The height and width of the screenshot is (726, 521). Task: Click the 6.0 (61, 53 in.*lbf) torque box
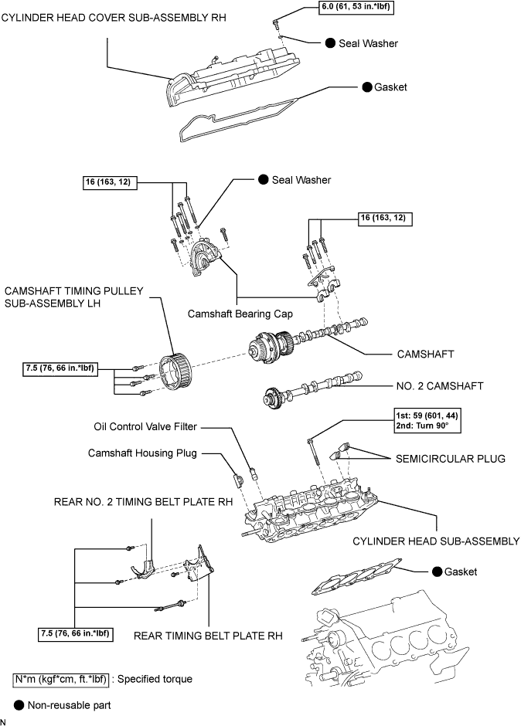[x=356, y=8]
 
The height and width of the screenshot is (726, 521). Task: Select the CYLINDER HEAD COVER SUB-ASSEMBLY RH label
[x=114, y=18]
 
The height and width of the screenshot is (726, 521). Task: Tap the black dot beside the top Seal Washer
[x=330, y=43]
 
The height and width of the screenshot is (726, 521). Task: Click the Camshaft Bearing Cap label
[x=240, y=314]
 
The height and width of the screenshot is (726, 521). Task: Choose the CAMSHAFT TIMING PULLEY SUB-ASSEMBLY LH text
[x=74, y=297]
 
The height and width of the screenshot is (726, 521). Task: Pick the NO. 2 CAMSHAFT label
[x=440, y=386]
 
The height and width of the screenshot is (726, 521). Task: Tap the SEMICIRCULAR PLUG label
[x=450, y=459]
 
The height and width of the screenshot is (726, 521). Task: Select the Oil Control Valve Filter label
[x=145, y=427]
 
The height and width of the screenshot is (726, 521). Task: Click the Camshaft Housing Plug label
[x=142, y=453]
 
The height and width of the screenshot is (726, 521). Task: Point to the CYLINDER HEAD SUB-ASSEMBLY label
[x=436, y=541]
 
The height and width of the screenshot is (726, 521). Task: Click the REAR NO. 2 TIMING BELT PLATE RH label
[x=143, y=502]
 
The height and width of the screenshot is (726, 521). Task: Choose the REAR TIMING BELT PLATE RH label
[x=208, y=636]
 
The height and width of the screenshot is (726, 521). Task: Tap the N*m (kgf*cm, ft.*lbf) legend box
[x=61, y=679]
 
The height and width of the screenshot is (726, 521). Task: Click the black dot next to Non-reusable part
[x=19, y=705]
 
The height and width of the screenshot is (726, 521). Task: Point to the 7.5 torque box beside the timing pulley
[x=60, y=369]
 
